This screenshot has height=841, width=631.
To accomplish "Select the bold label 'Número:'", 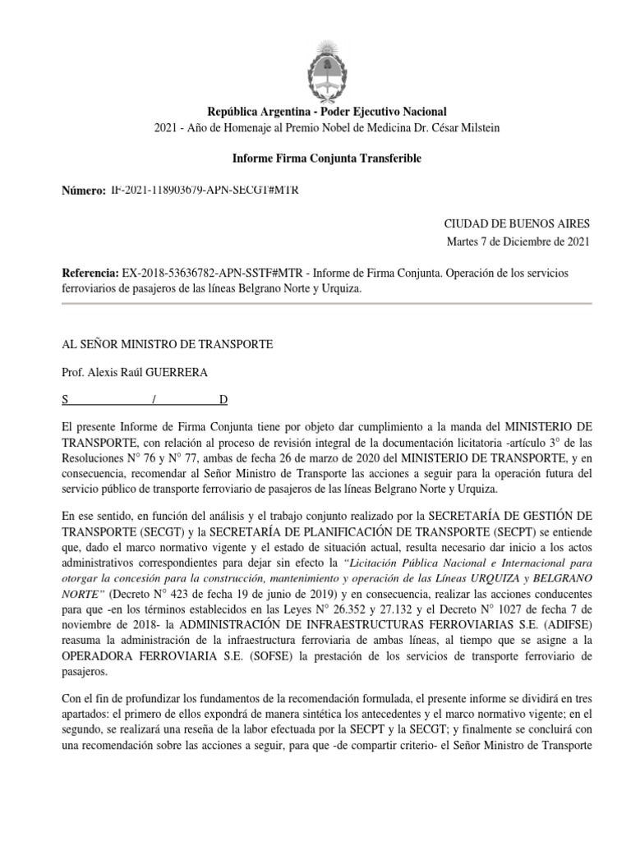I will click(x=84, y=191).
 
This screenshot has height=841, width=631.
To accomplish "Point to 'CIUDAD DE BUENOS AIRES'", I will click(x=517, y=223).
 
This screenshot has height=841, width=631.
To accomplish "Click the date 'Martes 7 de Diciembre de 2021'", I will click(x=518, y=241).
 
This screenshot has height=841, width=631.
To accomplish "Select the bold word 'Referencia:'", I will click(x=90, y=273).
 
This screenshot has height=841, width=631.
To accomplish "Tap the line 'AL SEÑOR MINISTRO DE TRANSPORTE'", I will click(x=168, y=342).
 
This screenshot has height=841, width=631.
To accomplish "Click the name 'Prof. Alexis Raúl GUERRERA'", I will click(x=136, y=372).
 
